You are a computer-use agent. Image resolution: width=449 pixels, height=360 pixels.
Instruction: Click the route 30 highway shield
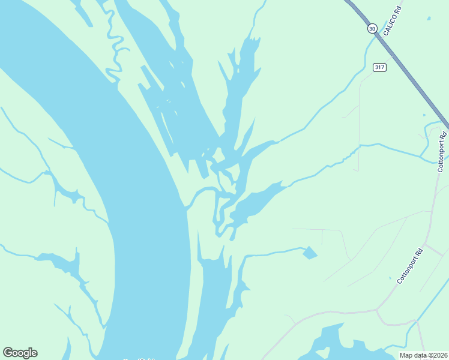[x=372, y=28]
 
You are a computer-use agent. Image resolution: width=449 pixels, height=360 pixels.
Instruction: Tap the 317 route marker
[x=379, y=67]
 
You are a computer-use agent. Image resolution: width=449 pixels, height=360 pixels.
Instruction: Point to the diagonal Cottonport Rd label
[x=411, y=266]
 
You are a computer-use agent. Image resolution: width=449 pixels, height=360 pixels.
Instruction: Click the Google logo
[x=20, y=353]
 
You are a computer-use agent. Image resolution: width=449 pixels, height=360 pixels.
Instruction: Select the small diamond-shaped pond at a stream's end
[x=310, y=253]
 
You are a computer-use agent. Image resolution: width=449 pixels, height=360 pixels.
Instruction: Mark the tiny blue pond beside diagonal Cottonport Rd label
[x=390, y=278]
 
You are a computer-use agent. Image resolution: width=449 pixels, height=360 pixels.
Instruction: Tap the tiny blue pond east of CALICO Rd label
[x=424, y=115]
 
